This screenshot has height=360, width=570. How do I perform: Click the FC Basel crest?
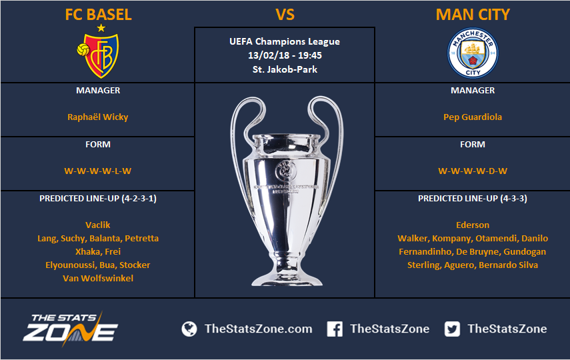pyautogui.click(x=98, y=55)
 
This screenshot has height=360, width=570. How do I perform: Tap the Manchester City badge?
pyautogui.click(x=473, y=53)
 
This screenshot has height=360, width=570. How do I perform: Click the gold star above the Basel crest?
pyautogui.click(x=101, y=28)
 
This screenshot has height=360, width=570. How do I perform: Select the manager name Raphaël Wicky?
pyautogui.click(x=98, y=117)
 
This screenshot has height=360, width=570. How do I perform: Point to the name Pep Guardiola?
pyautogui.click(x=473, y=117)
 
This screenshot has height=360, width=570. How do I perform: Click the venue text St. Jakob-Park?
pyautogui.click(x=285, y=69)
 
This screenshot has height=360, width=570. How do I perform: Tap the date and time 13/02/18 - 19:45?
pyautogui.click(x=285, y=55)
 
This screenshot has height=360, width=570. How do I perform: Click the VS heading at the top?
pyautogui.click(x=285, y=15)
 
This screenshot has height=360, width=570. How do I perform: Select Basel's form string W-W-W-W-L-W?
pyautogui.click(x=98, y=171)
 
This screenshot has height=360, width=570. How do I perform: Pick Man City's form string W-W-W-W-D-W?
pyautogui.click(x=473, y=171)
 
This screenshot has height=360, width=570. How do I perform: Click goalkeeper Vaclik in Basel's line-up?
pyautogui.click(x=98, y=225)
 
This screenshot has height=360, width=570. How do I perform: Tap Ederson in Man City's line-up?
pyautogui.click(x=473, y=225)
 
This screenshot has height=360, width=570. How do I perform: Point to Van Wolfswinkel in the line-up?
pyautogui.click(x=98, y=278)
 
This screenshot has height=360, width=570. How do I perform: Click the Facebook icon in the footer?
pyautogui.click(x=335, y=329)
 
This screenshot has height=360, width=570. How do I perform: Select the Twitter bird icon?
pyautogui.click(x=452, y=329)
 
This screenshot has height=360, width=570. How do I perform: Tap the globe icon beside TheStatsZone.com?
pyautogui.click(x=189, y=329)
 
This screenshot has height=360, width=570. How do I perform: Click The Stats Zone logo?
pyautogui.click(x=71, y=329)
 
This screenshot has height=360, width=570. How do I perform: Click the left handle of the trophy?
pyautogui.click(x=236, y=123)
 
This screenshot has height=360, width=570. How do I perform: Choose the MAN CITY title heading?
pyautogui.click(x=473, y=15)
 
